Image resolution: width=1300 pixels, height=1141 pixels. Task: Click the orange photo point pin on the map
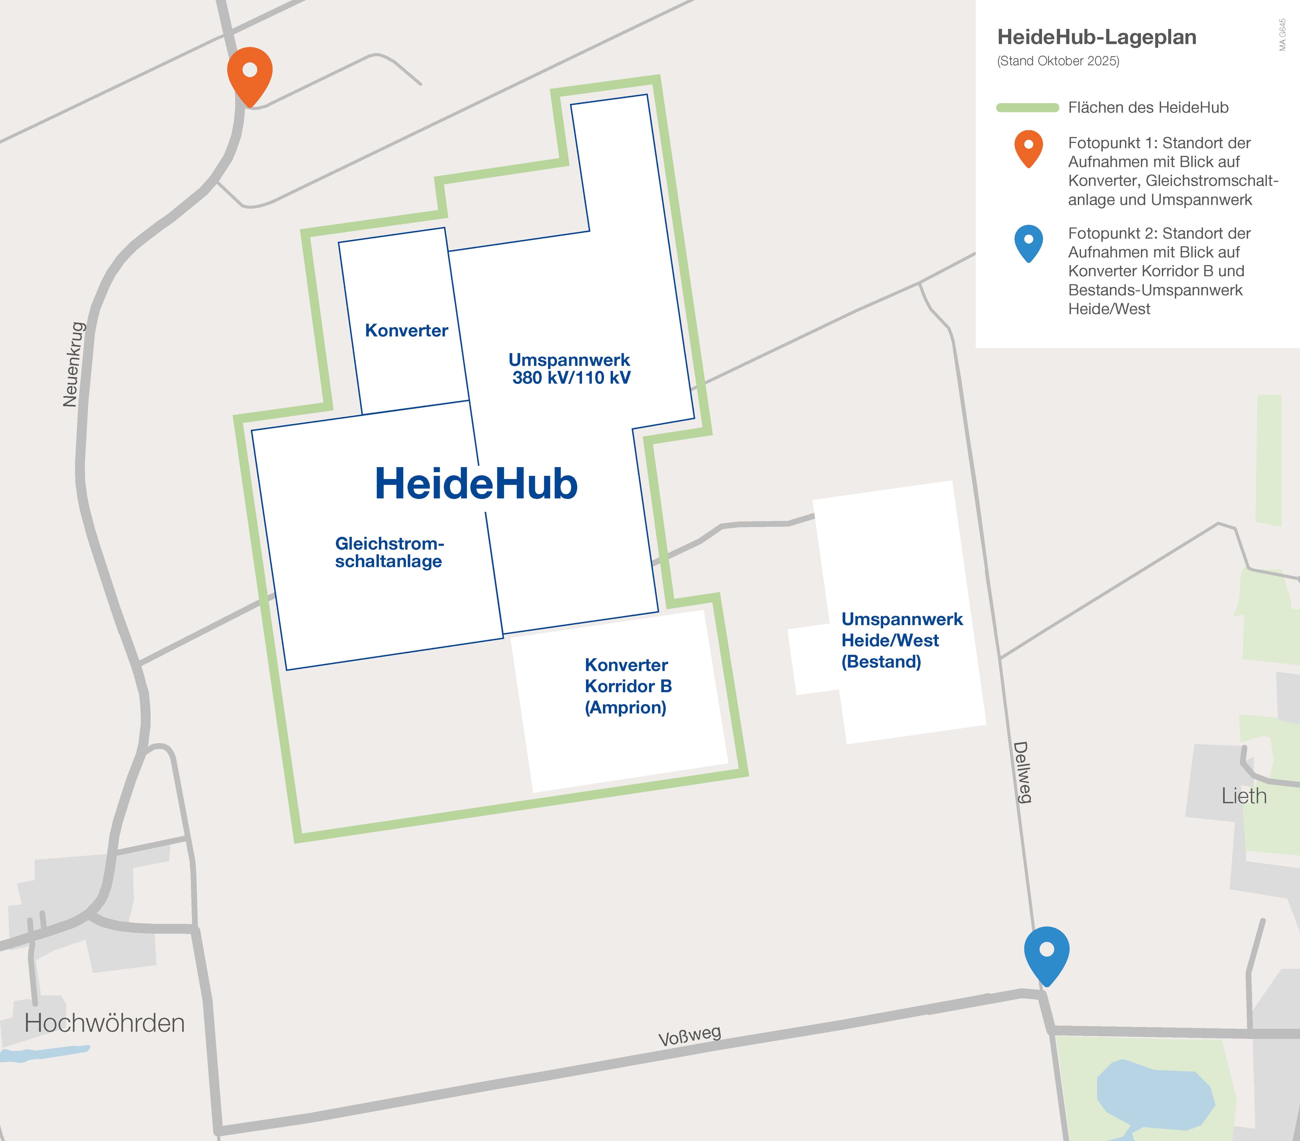pyautogui.click(x=250, y=73)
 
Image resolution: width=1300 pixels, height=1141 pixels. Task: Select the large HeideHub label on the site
pyautogui.click(x=476, y=484)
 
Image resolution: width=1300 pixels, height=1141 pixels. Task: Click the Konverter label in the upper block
pyautogui.click(x=406, y=331)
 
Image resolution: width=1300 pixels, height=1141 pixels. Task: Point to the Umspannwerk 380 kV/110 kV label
pyautogui.click(x=570, y=369)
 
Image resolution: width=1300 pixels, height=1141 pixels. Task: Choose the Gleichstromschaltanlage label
pyautogui.click(x=389, y=553)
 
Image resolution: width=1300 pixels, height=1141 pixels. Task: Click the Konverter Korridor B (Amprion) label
pyautogui.click(x=628, y=686)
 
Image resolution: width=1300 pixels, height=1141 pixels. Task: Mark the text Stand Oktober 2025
pyautogui.click(x=1058, y=61)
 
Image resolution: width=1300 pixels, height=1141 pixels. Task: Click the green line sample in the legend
pyautogui.click(x=1027, y=108)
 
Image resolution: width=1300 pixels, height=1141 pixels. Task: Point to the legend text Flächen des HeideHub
pyautogui.click(x=1148, y=108)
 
